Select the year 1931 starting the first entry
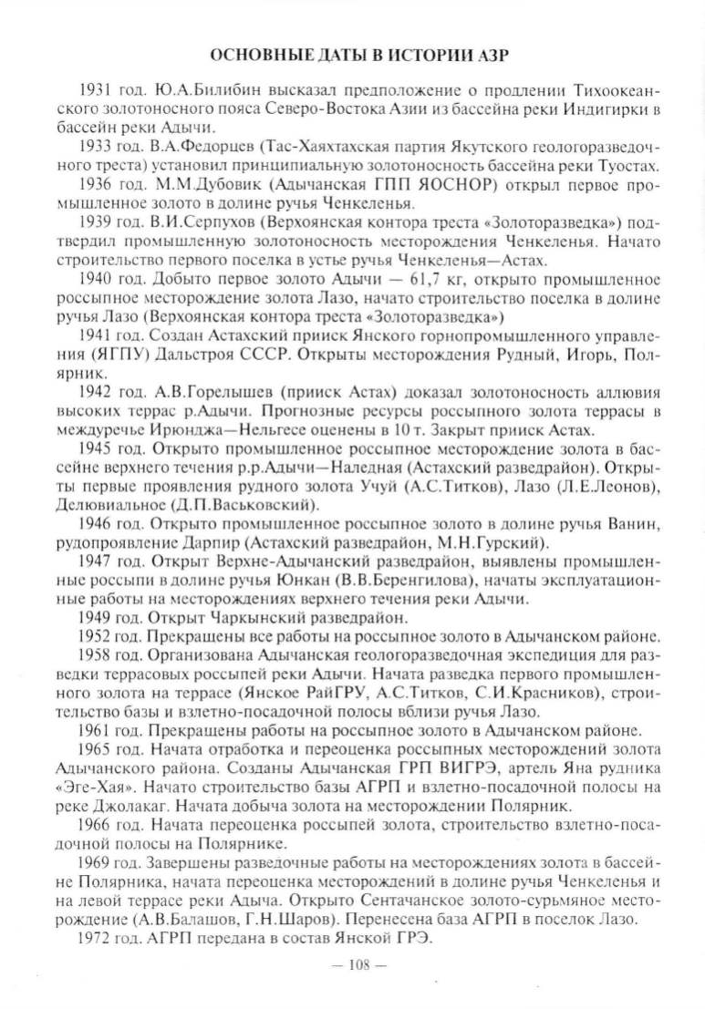[98, 93]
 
